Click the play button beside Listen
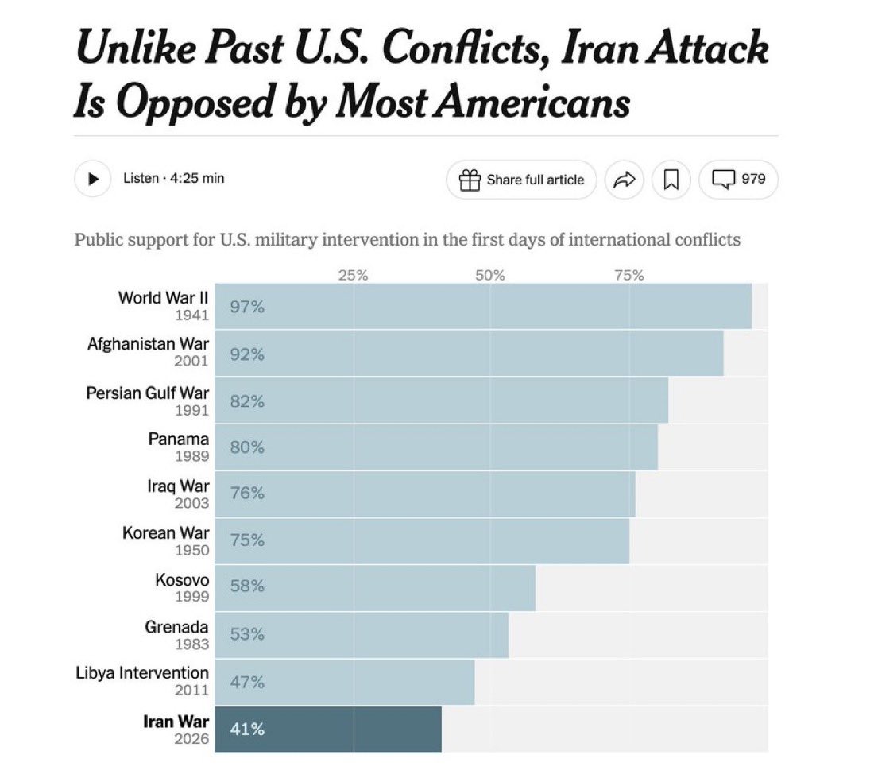coord(93,179)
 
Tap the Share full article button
coord(521,180)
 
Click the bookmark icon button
coord(671,180)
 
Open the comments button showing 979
coord(738,180)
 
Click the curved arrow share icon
coord(625,180)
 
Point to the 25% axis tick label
coord(353,276)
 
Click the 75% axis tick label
coord(628,276)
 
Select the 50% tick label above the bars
coord(490,276)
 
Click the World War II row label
coord(163,298)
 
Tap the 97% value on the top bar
coord(247,307)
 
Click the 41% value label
coord(247,729)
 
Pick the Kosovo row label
coord(182,580)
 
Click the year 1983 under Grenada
coord(191,644)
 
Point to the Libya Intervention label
coord(142,673)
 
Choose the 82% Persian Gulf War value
coord(247,401)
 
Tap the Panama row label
coord(179,439)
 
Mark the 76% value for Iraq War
coord(247,494)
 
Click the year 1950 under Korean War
coord(191,550)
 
